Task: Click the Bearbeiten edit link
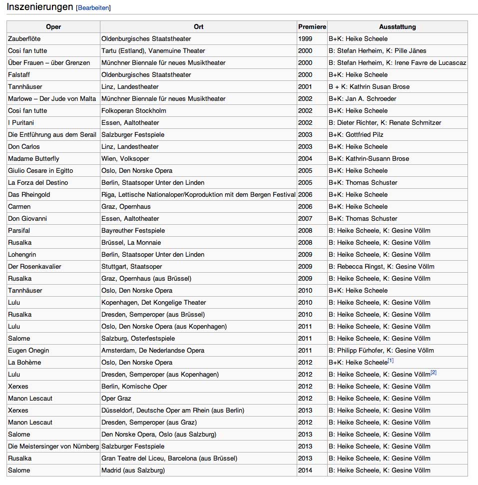click(x=93, y=8)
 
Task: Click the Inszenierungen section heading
click(x=39, y=7)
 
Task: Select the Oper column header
click(x=53, y=27)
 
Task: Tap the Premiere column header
click(x=312, y=27)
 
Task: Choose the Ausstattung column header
click(x=397, y=27)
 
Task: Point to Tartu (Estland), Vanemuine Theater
click(x=153, y=51)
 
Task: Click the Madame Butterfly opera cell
click(x=33, y=159)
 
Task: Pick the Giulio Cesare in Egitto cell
click(x=40, y=171)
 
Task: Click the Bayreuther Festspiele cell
click(x=133, y=231)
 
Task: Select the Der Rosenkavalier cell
click(x=34, y=267)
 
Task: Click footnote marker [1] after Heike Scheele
click(x=391, y=361)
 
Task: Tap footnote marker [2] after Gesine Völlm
click(x=434, y=373)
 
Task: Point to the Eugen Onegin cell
click(x=28, y=351)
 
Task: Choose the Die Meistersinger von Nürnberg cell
click(x=53, y=447)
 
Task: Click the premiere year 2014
click(x=305, y=471)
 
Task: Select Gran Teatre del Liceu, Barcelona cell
click(x=169, y=459)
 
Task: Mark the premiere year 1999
click(x=305, y=39)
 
